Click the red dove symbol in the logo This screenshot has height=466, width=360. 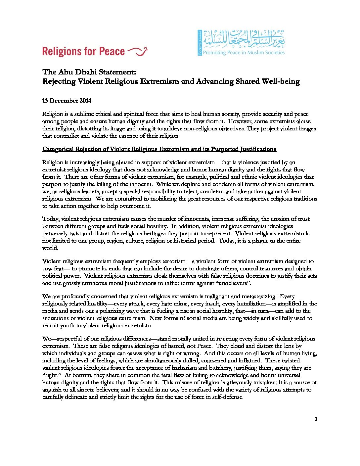click(x=138, y=51)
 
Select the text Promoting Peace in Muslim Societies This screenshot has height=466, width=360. click(x=244, y=53)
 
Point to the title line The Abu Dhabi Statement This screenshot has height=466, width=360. click(x=89, y=72)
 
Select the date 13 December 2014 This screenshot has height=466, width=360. click(x=67, y=101)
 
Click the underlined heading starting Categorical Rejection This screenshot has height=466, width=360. click(x=159, y=149)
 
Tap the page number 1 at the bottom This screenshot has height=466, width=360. click(x=316, y=419)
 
